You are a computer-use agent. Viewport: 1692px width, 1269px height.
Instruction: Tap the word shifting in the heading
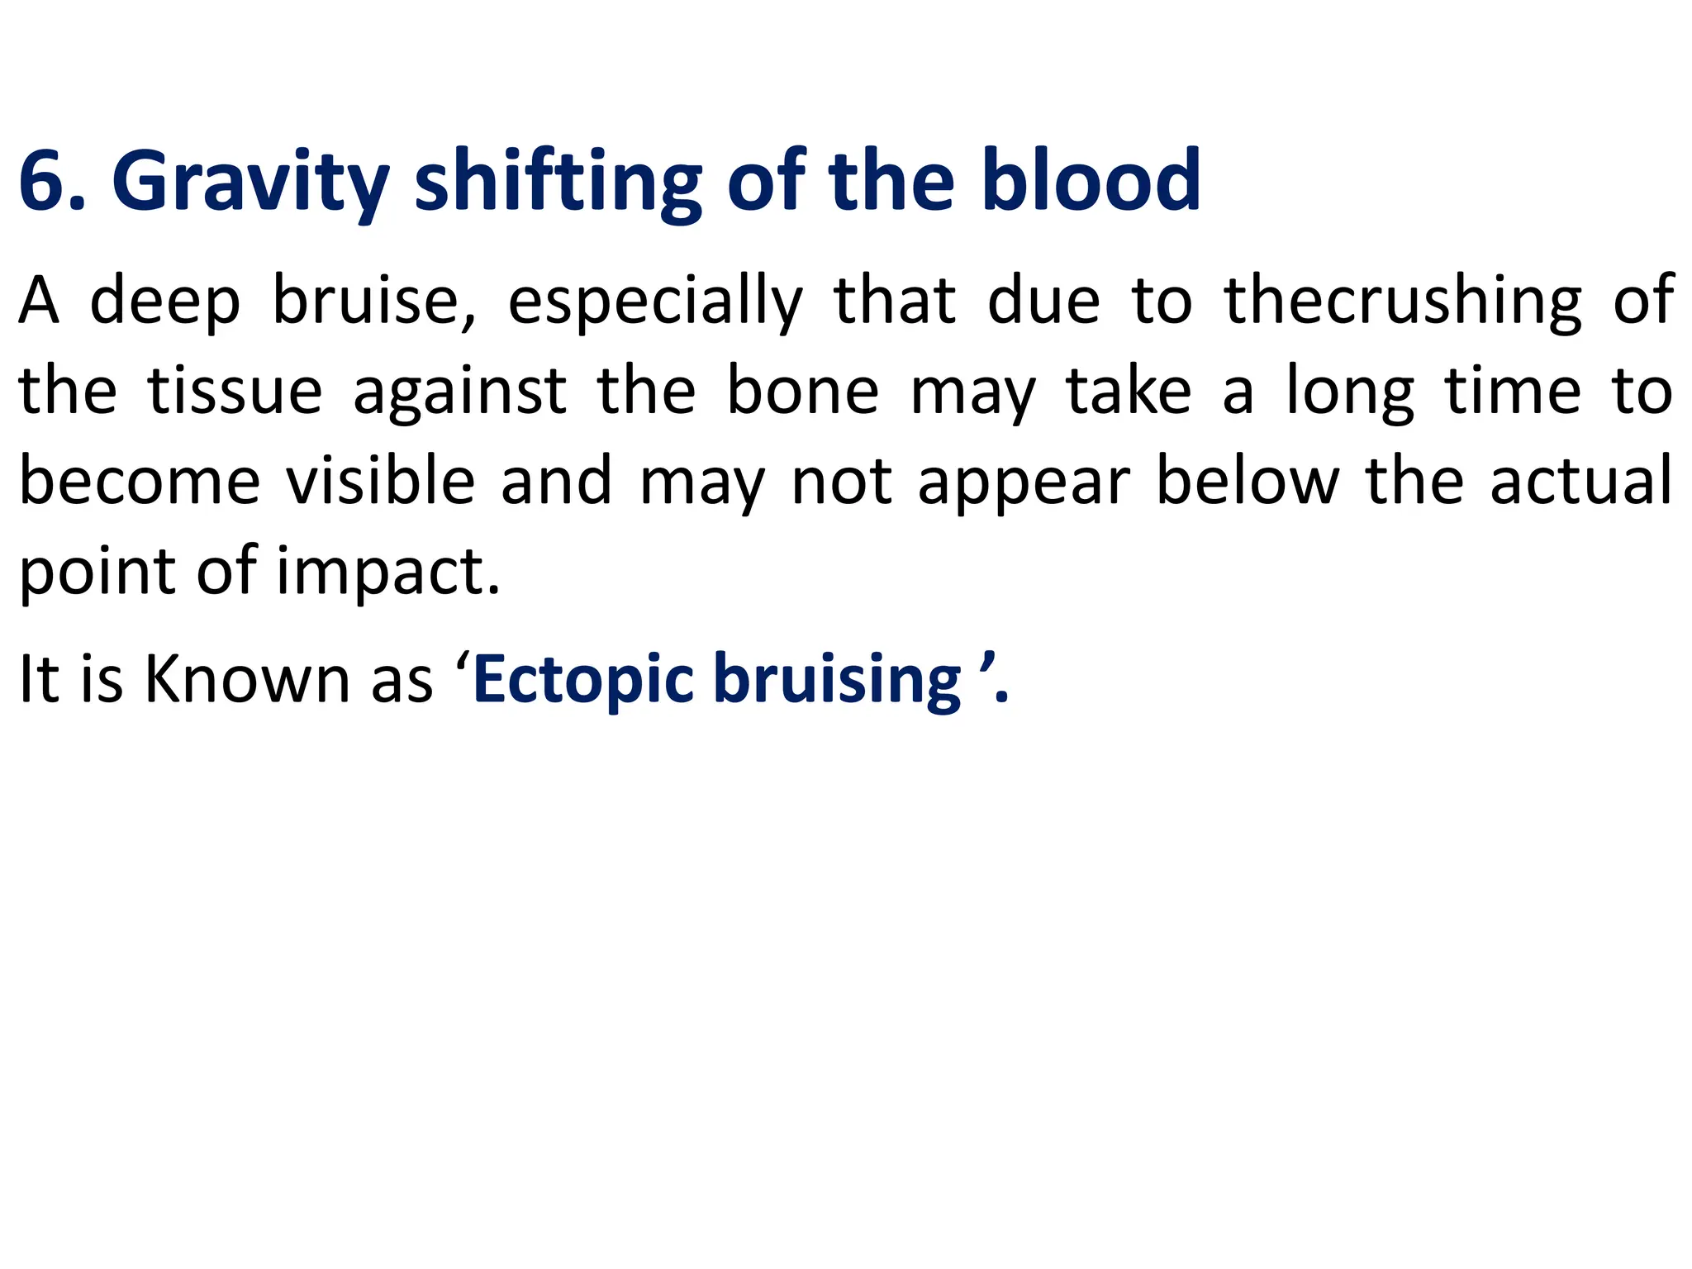(x=558, y=181)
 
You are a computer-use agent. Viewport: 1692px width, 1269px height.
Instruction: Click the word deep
(x=165, y=301)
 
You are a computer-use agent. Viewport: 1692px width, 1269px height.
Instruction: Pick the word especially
(x=655, y=301)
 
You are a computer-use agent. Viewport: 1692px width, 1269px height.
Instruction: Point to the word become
(x=140, y=481)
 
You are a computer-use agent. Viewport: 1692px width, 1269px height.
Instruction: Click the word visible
(x=381, y=481)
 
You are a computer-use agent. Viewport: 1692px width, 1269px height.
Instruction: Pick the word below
(x=1248, y=481)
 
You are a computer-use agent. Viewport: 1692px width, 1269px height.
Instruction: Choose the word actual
(x=1581, y=481)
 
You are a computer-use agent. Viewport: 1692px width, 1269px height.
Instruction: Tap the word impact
(x=388, y=572)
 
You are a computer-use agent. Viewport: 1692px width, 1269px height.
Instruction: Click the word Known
(x=247, y=679)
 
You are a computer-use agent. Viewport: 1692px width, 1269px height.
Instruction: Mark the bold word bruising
(x=837, y=679)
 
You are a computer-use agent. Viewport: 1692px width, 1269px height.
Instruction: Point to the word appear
(x=1024, y=481)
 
